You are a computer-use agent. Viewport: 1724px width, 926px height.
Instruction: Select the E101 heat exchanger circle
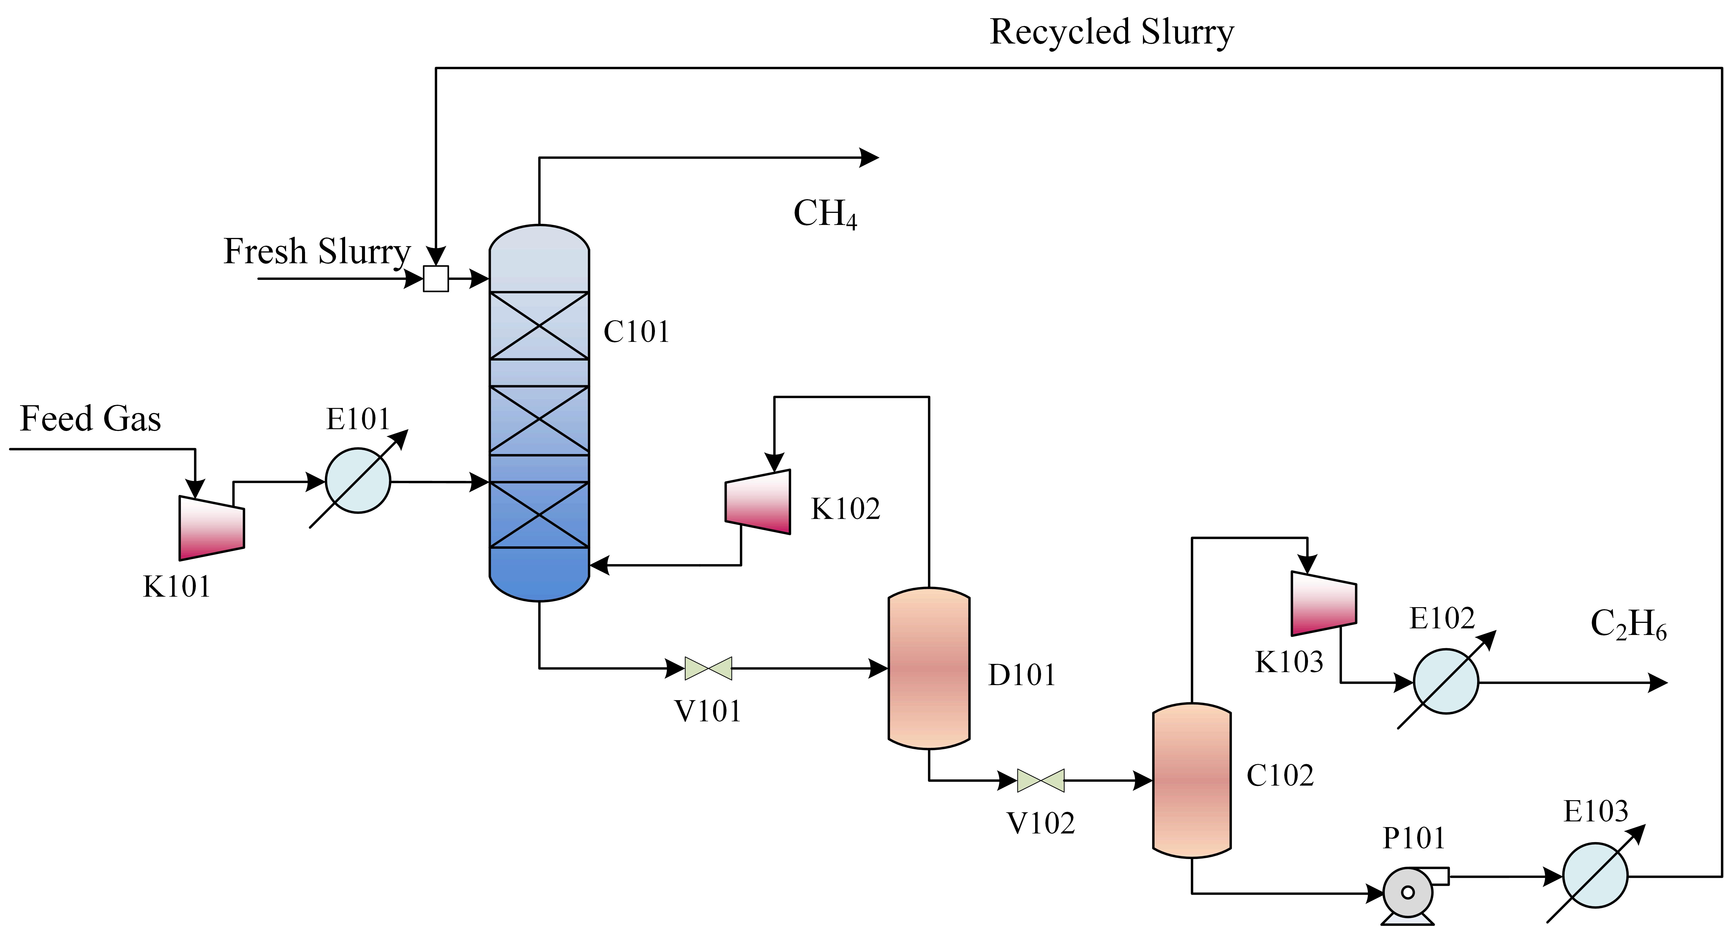[358, 480]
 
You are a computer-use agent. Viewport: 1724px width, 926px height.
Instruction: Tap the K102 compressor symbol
[758, 502]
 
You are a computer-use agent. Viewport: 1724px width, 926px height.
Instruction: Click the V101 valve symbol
[708, 668]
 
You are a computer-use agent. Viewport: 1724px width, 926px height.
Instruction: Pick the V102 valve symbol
[1041, 780]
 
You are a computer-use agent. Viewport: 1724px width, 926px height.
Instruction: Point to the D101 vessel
[929, 668]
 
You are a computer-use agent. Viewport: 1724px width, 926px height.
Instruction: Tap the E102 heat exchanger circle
[1446, 682]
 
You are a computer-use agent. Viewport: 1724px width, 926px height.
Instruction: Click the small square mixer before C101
[436, 278]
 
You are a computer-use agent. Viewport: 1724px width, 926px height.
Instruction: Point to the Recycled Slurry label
[1112, 32]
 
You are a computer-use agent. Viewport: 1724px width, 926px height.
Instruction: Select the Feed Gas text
[90, 419]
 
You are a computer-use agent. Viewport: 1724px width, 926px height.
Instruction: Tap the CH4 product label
[825, 214]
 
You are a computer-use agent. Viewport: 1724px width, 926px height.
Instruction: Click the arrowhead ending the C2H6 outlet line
[1658, 682]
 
